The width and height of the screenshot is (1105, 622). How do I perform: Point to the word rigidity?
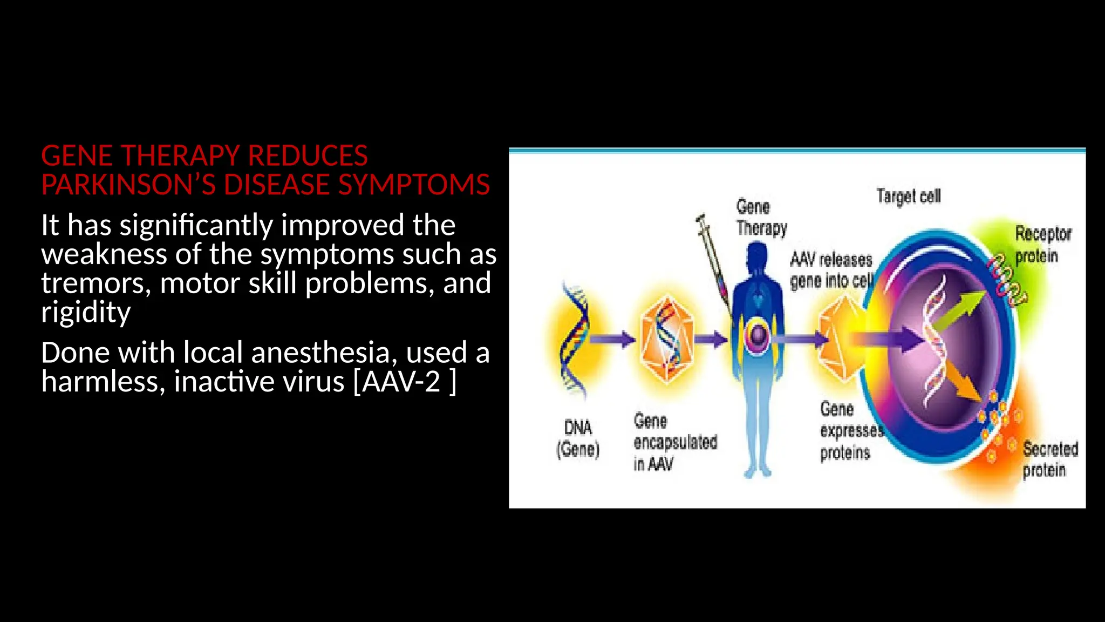[86, 312]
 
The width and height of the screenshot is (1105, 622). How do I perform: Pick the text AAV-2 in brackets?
[401, 382]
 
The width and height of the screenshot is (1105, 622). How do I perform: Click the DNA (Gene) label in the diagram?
[578, 438]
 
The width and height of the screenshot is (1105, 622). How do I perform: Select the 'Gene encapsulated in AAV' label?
[674, 442]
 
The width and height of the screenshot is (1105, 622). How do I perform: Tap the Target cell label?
[909, 196]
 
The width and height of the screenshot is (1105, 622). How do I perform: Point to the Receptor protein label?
[1042, 245]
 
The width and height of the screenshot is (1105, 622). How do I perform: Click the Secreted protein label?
[1049, 459]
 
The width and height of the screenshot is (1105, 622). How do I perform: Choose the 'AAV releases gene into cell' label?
[831, 271]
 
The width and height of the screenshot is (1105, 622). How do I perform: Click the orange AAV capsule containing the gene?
[667, 339]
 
